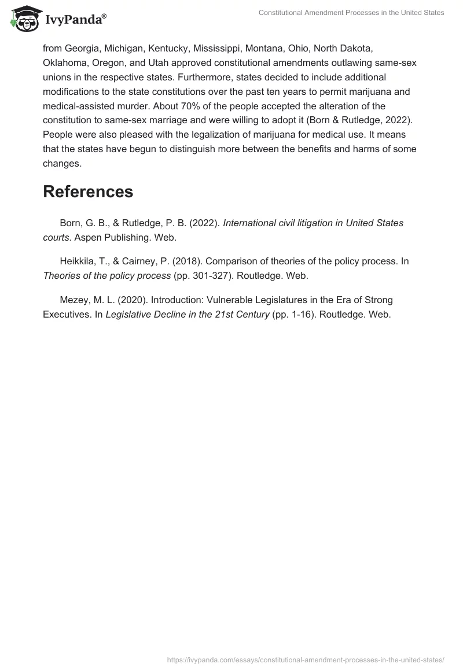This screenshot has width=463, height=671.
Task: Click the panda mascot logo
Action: (x=24, y=18)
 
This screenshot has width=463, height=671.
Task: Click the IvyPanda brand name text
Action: (x=75, y=20)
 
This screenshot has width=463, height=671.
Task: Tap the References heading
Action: (x=88, y=191)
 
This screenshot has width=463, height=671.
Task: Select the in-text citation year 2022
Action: (x=399, y=120)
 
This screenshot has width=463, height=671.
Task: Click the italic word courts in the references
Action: (x=56, y=237)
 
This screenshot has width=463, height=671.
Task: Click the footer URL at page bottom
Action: (x=306, y=659)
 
